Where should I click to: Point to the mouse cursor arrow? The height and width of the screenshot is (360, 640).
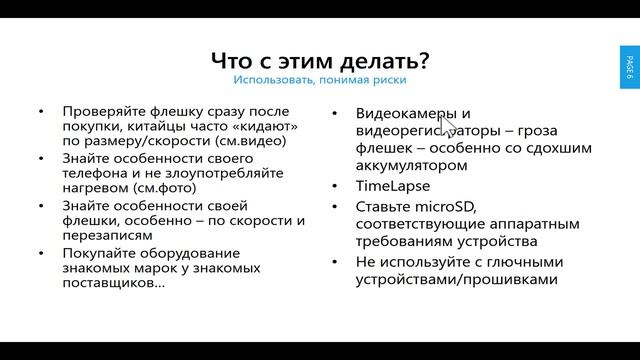447,127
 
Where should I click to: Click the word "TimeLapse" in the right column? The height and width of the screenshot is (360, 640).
393,186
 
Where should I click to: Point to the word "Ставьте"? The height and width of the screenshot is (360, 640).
385,207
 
